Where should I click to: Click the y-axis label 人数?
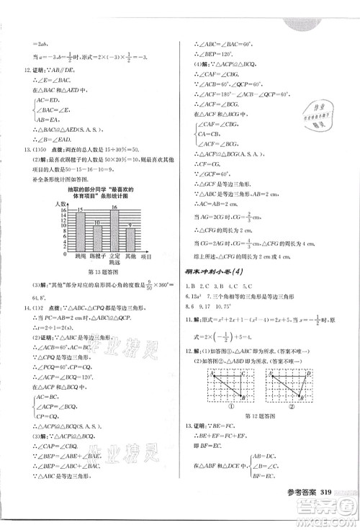tap(60, 205)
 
